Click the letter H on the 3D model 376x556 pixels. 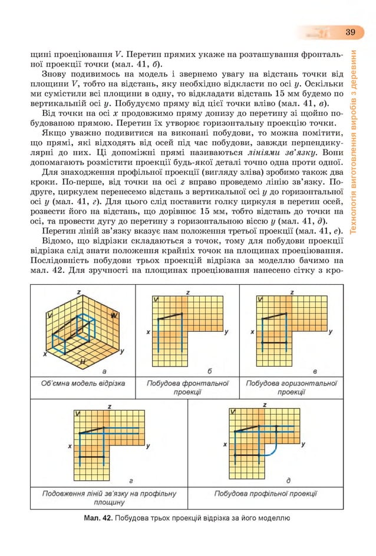pos(83,360)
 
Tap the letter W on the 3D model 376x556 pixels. pos(113,316)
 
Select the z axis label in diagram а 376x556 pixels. pos(78,292)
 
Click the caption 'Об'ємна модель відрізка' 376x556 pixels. pos(83,384)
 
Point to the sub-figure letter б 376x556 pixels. pos(210,371)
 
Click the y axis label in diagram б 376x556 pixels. pos(227,332)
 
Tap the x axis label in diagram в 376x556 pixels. pos(252,332)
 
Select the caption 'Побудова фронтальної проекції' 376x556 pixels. pos(187,388)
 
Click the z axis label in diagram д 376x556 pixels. pos(265,405)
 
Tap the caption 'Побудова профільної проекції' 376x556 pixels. pos(265,493)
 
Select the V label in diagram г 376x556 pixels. pos(77,414)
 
